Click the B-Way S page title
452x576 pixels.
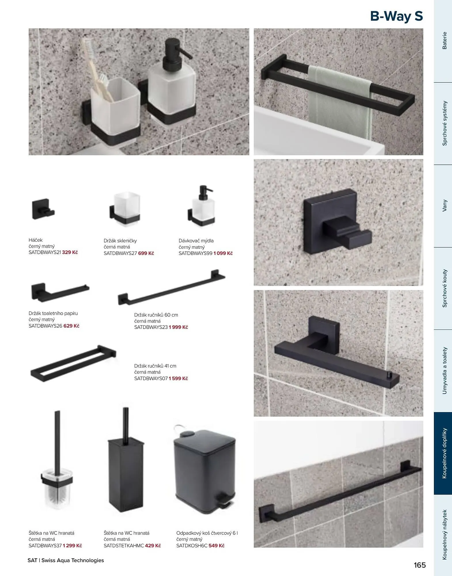coord(396,16)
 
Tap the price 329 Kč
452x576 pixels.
coord(70,252)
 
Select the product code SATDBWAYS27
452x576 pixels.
coord(120,253)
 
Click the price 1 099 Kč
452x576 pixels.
coord(223,253)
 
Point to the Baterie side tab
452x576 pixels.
coord(445,41)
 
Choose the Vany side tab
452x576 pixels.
coord(445,206)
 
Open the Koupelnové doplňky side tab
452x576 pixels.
coord(445,453)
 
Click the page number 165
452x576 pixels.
coord(420,565)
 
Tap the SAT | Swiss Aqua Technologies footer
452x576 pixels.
coord(66,560)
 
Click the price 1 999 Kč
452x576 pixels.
coord(178,327)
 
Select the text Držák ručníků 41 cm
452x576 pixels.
coord(155,366)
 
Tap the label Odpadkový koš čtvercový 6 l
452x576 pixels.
coord(207,533)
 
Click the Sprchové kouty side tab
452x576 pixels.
coord(445,288)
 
